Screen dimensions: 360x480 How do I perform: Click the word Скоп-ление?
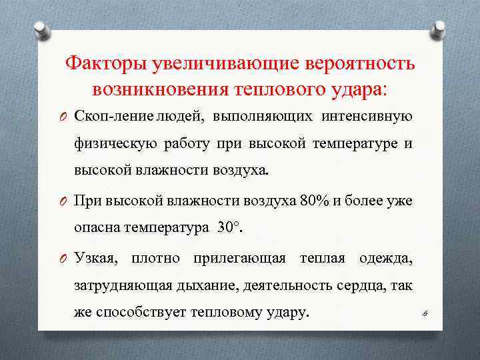[x=114, y=117]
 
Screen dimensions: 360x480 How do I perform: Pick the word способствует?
[x=141, y=312]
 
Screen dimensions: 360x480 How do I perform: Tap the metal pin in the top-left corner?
[x=41, y=30]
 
